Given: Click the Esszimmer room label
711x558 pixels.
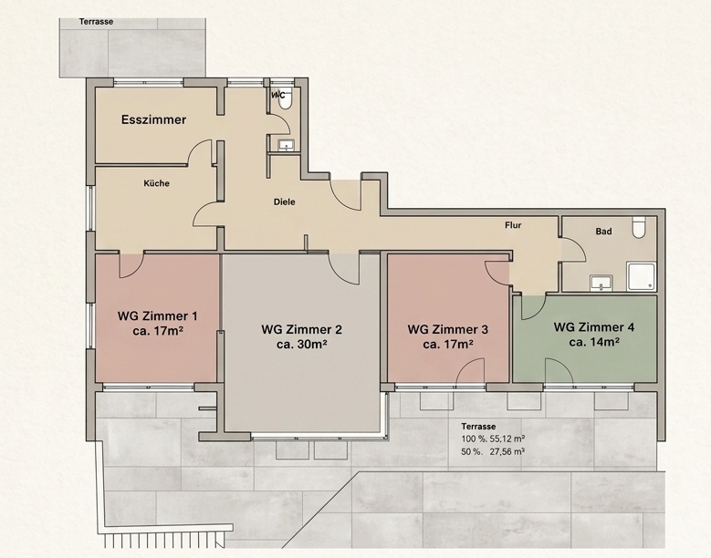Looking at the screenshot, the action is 153,119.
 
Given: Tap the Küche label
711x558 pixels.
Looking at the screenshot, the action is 156,183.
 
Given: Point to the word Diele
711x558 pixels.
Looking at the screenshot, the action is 285,202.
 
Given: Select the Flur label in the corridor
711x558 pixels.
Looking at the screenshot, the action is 513,225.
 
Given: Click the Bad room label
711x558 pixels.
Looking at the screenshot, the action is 603,232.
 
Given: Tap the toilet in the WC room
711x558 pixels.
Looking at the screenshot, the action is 285,98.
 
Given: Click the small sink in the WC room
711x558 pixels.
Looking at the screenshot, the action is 286,145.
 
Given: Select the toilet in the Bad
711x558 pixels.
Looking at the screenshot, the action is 639,227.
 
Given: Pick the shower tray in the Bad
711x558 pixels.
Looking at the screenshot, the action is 641,276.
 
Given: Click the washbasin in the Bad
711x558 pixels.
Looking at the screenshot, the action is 601,283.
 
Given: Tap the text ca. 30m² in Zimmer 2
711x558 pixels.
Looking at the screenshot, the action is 302,345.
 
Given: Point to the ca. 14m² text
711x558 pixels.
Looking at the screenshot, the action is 594,342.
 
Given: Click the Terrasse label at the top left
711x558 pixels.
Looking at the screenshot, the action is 96,22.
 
